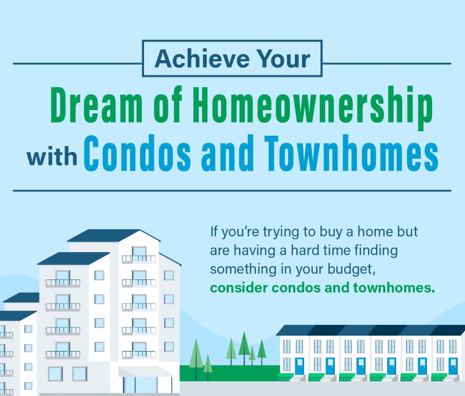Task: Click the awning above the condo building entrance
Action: coord(145,372)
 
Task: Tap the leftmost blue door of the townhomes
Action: coord(299,366)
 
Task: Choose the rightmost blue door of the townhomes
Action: coord(452,366)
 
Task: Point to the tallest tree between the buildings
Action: coord(244,346)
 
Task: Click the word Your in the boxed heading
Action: coord(286,59)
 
